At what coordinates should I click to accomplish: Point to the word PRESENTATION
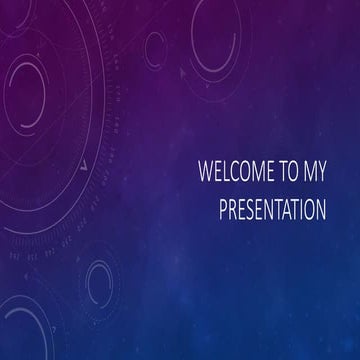pos(271,210)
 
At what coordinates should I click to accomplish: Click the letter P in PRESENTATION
pos(223,210)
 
